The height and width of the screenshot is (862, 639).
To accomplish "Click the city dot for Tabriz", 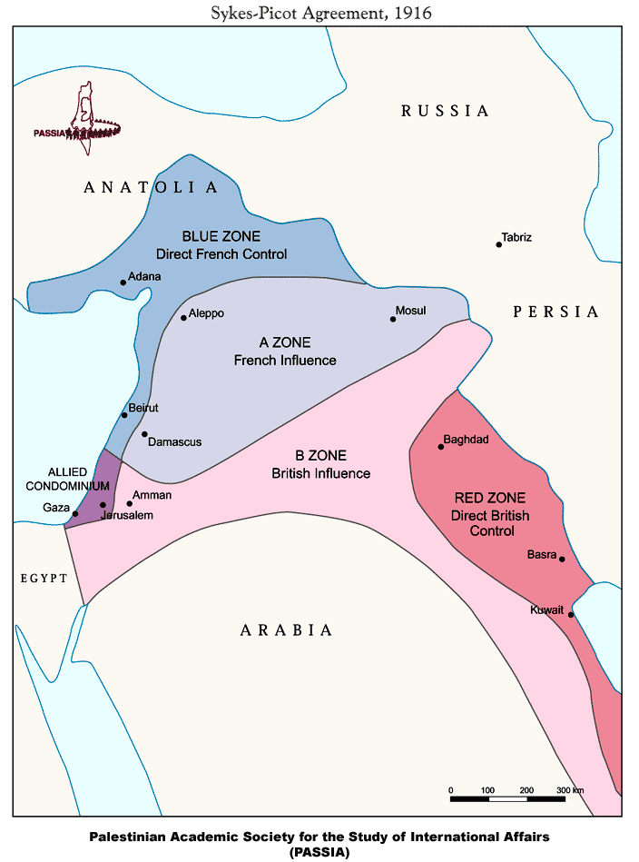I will pos(499,244).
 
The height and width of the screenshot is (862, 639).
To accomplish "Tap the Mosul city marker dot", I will pos(393,319).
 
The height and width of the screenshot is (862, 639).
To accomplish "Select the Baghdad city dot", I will pos(441,447).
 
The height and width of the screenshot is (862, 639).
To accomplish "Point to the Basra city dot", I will pos(563,560).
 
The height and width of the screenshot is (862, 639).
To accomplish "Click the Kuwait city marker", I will pos(571,615).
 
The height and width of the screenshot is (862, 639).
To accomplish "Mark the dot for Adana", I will pos(123,282).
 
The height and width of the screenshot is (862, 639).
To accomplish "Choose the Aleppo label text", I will pos(206,313).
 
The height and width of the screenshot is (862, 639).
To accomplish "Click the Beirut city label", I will pos(143,409).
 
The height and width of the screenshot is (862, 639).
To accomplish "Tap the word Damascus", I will pos(174,442).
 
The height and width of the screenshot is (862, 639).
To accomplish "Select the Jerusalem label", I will pos(126,515).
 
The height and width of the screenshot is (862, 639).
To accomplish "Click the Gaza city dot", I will pos(75,514).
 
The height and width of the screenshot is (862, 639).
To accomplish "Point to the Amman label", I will pos(152,495).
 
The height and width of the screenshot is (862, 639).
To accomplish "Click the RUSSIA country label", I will pos(445,111).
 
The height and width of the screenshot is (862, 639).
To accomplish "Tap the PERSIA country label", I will pos(555,312).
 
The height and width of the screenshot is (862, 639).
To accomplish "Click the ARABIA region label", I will pos(286,629).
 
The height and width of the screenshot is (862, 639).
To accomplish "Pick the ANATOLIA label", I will pos(151,187).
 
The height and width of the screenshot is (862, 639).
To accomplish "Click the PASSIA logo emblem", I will pos(84,118).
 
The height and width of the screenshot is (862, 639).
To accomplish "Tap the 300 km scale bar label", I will pos(569,790).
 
